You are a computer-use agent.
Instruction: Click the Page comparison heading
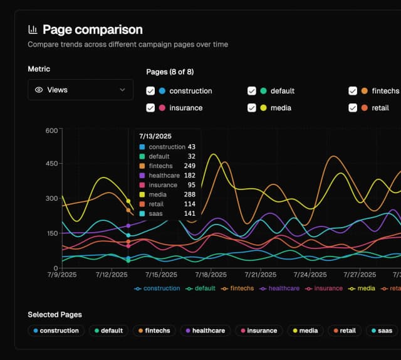click(92, 29)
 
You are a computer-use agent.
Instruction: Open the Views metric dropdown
click(80, 90)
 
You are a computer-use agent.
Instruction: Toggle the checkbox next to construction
click(150, 91)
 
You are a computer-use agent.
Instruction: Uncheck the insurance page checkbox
click(150, 108)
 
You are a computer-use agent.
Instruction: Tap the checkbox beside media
click(252, 108)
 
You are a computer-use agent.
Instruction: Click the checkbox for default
click(252, 91)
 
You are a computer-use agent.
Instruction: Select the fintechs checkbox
click(353, 91)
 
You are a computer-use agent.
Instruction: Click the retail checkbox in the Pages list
click(353, 108)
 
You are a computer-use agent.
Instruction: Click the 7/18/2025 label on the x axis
click(211, 275)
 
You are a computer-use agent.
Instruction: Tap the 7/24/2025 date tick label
click(310, 275)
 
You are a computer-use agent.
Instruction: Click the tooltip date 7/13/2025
click(155, 136)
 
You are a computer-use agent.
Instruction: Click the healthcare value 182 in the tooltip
click(190, 176)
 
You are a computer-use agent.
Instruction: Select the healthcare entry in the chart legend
click(280, 289)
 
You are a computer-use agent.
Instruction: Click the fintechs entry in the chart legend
click(237, 289)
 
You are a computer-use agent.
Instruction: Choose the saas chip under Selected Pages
click(381, 331)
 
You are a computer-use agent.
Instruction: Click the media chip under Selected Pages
click(305, 331)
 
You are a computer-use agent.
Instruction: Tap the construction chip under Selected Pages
click(56, 331)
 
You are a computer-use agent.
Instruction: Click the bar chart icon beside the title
click(33, 29)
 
